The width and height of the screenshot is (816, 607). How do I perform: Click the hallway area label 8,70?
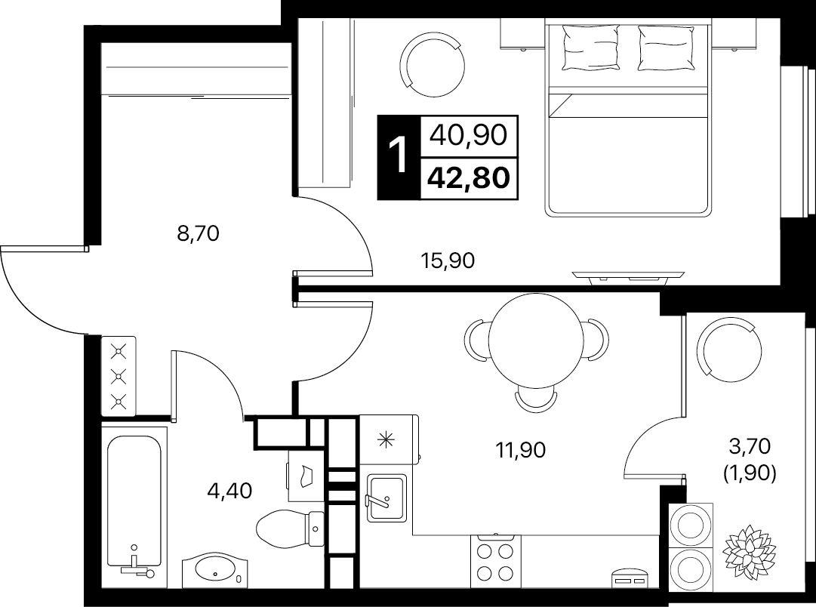tap(199, 234)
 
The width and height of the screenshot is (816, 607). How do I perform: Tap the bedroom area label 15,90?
tap(448, 260)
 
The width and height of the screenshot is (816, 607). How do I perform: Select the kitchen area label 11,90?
tap(520, 450)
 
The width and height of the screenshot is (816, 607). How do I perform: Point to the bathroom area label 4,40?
tap(229, 491)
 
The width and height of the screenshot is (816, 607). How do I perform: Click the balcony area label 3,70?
tap(750, 446)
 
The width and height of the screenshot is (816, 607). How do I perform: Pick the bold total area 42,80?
tap(468, 178)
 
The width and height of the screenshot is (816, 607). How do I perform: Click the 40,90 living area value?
tap(468, 135)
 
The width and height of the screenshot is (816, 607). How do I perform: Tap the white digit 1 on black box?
tap(399, 157)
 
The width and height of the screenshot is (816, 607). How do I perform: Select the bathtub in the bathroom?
tap(134, 502)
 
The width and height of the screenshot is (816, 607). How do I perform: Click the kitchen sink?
tap(386, 498)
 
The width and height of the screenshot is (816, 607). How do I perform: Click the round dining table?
tap(536, 340)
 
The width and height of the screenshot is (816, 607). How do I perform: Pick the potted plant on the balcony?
tap(750, 547)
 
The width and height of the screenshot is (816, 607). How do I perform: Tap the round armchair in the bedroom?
tap(433, 65)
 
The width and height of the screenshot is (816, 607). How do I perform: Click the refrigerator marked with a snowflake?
tap(390, 440)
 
